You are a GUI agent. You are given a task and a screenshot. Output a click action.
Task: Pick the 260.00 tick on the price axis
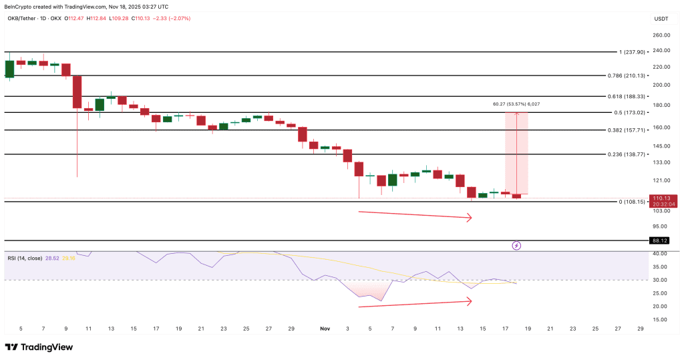pos(661,35)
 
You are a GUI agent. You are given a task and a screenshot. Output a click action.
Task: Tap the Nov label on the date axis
pos(325,329)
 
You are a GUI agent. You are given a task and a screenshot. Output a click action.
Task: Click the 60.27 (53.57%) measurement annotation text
pos(516,104)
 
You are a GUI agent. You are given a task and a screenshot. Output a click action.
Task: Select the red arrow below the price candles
pos(415,215)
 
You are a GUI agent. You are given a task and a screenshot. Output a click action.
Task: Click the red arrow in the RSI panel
pos(415,304)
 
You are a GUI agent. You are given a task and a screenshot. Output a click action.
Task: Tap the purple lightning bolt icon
pos(516,246)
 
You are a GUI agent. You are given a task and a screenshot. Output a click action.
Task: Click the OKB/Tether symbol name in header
pos(22,18)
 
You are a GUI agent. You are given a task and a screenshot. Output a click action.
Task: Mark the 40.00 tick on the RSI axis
pos(661,254)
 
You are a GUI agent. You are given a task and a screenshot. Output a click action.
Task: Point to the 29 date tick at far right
pos(640,329)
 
